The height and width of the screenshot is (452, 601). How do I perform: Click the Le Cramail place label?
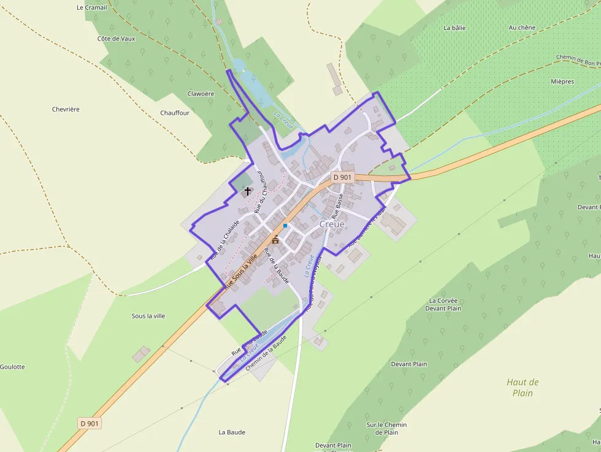point(92,7)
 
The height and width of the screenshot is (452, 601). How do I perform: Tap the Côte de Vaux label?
point(116,38)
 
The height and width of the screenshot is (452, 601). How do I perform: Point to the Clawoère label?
point(201,94)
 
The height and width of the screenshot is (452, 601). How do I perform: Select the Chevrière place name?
point(66,109)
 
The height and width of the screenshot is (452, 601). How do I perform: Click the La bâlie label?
point(454,28)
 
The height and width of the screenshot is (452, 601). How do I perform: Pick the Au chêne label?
point(522,28)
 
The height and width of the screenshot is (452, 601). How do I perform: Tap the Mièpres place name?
point(562,82)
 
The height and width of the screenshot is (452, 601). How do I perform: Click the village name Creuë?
point(332,224)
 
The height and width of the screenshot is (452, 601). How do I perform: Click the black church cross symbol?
point(248,191)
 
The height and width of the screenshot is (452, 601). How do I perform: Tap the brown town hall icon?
point(275,239)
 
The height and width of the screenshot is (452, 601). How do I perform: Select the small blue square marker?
point(285,226)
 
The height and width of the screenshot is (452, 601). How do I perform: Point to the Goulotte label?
point(12,367)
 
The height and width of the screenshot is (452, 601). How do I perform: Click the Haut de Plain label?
point(523,388)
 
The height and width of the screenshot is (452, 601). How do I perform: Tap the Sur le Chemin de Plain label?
point(382,428)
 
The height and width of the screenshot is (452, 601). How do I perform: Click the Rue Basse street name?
point(337,207)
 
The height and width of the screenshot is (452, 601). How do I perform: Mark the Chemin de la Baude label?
point(266,353)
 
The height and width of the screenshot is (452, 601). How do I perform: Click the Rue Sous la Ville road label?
point(239,272)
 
